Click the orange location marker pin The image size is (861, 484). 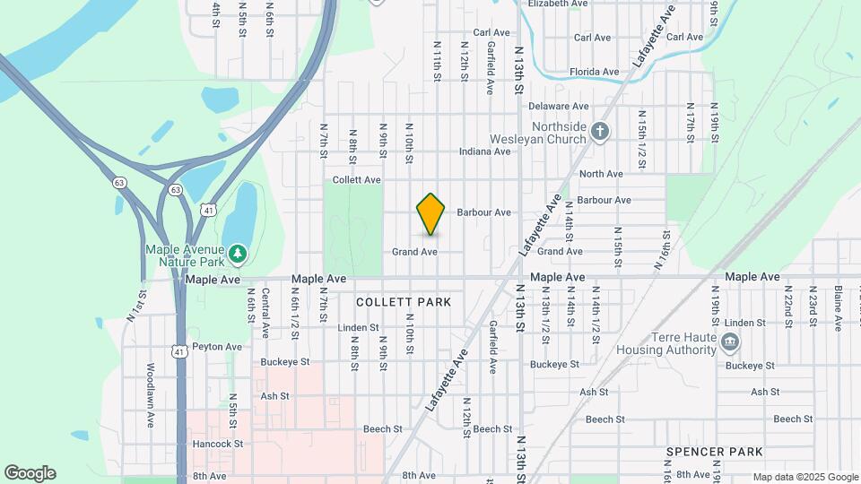pos(430,213)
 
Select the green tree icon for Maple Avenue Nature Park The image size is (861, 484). pos(237,255)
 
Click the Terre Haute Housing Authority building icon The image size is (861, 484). pos(730,341)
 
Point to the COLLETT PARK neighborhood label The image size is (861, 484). pos(403,302)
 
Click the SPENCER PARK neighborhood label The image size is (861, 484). pos(714,451)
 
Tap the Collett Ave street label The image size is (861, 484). pos(357,180)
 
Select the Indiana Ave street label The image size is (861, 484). pos(484,151)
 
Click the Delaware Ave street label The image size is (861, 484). pos(558,107)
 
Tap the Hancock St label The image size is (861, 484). pos(218,444)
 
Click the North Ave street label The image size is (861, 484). pos(601,174)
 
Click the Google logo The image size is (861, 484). pos(30,473)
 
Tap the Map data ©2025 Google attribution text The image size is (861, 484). pos(804,477)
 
